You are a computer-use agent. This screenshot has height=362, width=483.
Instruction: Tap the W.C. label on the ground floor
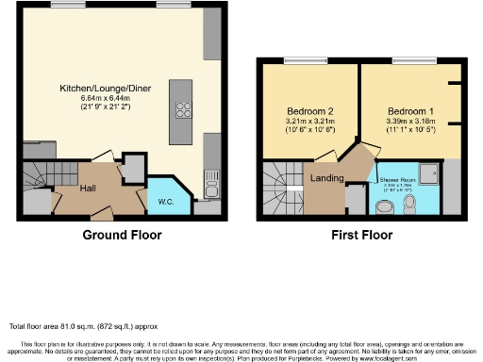165,202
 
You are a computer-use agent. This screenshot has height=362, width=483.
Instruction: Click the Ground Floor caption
122,235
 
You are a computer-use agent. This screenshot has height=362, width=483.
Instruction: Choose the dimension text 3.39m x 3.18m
403,121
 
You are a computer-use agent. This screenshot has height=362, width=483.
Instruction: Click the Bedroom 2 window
302,61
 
